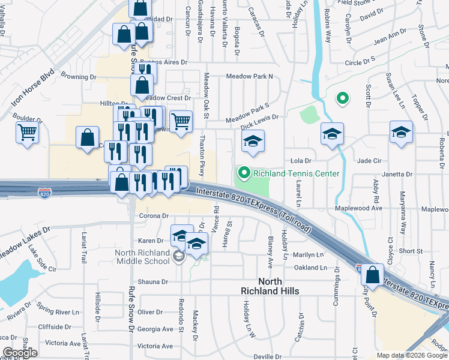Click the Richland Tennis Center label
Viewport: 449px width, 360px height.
click(x=297, y=174)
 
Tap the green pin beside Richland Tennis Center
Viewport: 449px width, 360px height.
click(x=244, y=174)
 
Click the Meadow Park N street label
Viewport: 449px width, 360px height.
click(x=249, y=76)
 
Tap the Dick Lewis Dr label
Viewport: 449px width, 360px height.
click(x=259, y=118)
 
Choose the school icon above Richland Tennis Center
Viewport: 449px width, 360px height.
click(x=253, y=142)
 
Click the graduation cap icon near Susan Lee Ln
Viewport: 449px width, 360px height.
click(x=401, y=133)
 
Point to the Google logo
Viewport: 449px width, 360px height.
click(x=20, y=353)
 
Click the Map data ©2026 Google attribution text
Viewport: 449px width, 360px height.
click(x=412, y=355)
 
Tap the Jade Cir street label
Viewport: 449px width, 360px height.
click(x=369, y=161)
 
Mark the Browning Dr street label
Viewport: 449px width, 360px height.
click(x=79, y=77)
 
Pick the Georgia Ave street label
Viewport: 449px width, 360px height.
click(x=155, y=329)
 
